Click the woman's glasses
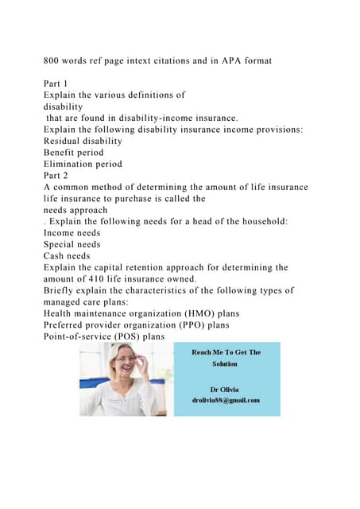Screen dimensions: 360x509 126,360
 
